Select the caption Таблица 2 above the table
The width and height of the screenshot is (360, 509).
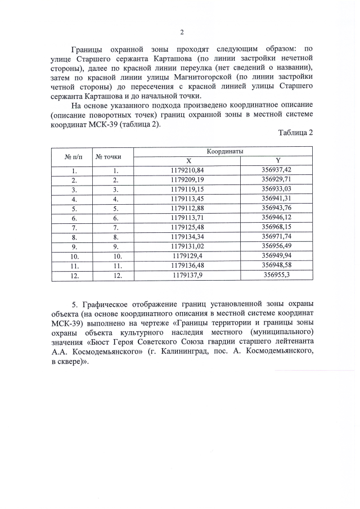(x=295, y=132)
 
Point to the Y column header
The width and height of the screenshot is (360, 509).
(x=276, y=160)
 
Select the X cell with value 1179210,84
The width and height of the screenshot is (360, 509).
(x=188, y=170)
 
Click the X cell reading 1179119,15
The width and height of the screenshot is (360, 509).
(x=188, y=189)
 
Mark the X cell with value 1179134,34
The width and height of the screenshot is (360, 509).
(x=188, y=237)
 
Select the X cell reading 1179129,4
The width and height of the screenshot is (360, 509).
(x=188, y=256)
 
